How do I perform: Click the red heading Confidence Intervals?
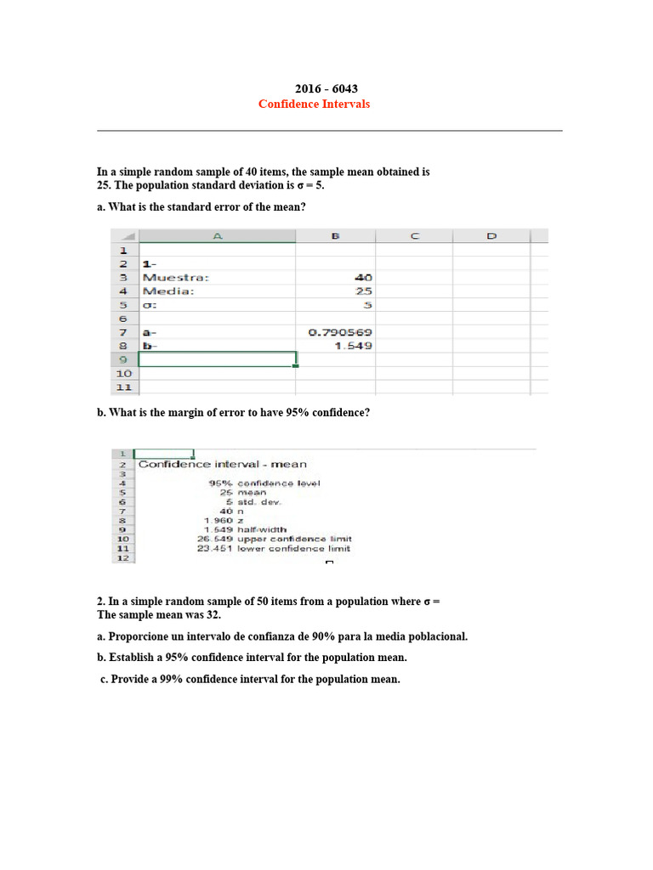tap(315, 104)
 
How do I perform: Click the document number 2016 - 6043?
tap(320, 88)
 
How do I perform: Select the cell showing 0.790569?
tap(338, 332)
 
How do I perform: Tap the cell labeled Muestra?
tap(176, 277)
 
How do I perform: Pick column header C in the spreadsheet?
tap(416, 236)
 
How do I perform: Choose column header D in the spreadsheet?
tap(491, 236)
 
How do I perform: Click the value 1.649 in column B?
tap(351, 346)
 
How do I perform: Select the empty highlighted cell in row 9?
tap(218, 359)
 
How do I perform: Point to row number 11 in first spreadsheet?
tap(123, 387)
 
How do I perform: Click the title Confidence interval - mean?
tap(223, 464)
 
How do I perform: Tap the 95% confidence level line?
tap(264, 483)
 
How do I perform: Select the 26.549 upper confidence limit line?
tap(274, 539)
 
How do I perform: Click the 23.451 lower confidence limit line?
tap(274, 549)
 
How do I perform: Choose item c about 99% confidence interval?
tap(250, 679)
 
